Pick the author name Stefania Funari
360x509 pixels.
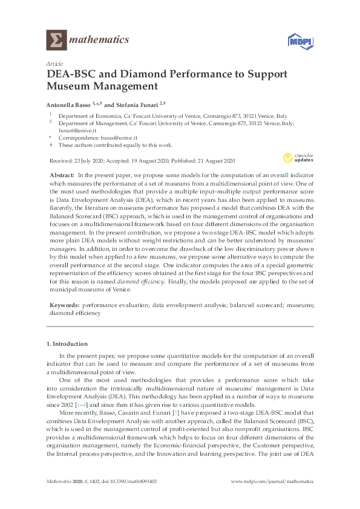(x=133, y=104)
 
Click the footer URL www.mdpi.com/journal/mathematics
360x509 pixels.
(x=273, y=482)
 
